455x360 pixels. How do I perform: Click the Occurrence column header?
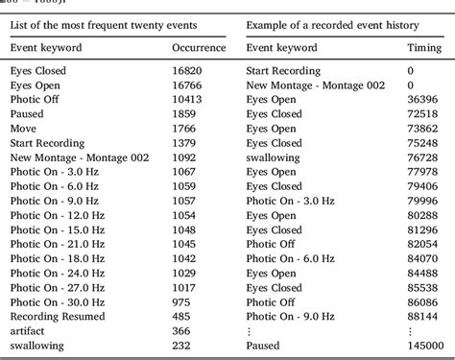pos(199,46)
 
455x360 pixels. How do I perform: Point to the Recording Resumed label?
pos(53,316)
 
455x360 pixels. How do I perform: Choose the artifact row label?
pos(27,330)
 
